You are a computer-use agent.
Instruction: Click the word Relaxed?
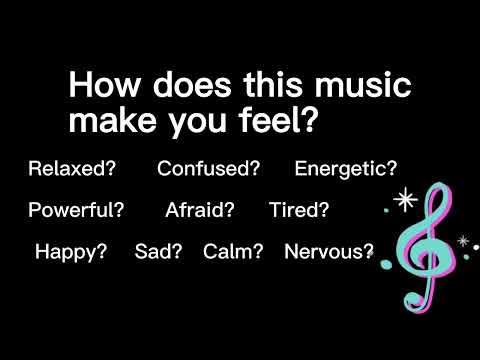[x=72, y=168]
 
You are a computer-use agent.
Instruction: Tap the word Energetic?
[x=345, y=168]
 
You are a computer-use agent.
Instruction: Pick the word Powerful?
[x=76, y=210]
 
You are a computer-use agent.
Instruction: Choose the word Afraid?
[x=200, y=210]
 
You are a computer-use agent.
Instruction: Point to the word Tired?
[x=299, y=210]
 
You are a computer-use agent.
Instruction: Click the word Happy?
[x=71, y=252]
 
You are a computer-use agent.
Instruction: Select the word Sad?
[x=159, y=252]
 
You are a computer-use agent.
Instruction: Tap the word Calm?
[x=233, y=252]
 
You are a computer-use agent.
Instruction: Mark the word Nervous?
[x=329, y=252]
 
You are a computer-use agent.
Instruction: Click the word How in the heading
[x=98, y=86]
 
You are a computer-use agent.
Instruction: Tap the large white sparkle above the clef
[x=406, y=200]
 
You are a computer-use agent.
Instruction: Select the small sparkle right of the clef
[x=462, y=241]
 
